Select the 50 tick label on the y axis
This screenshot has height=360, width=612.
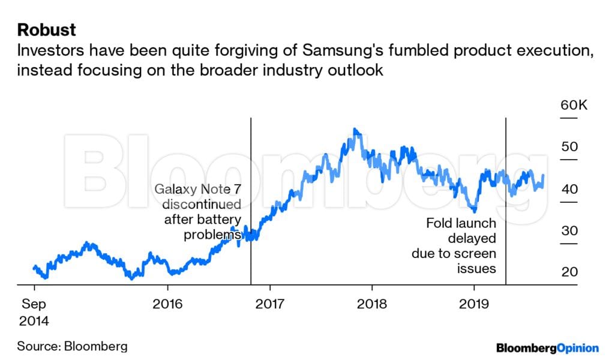pos(569,148)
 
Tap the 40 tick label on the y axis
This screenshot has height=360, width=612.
pos(569,190)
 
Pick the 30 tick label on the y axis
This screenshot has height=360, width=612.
pos(569,231)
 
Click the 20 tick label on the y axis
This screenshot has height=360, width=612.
pos(569,272)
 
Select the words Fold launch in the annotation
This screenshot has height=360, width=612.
pos(461,223)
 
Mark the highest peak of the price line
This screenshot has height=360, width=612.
pos(355,130)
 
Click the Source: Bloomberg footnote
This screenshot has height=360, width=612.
pos(72,346)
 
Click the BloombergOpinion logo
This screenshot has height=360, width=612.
pos(547,347)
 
